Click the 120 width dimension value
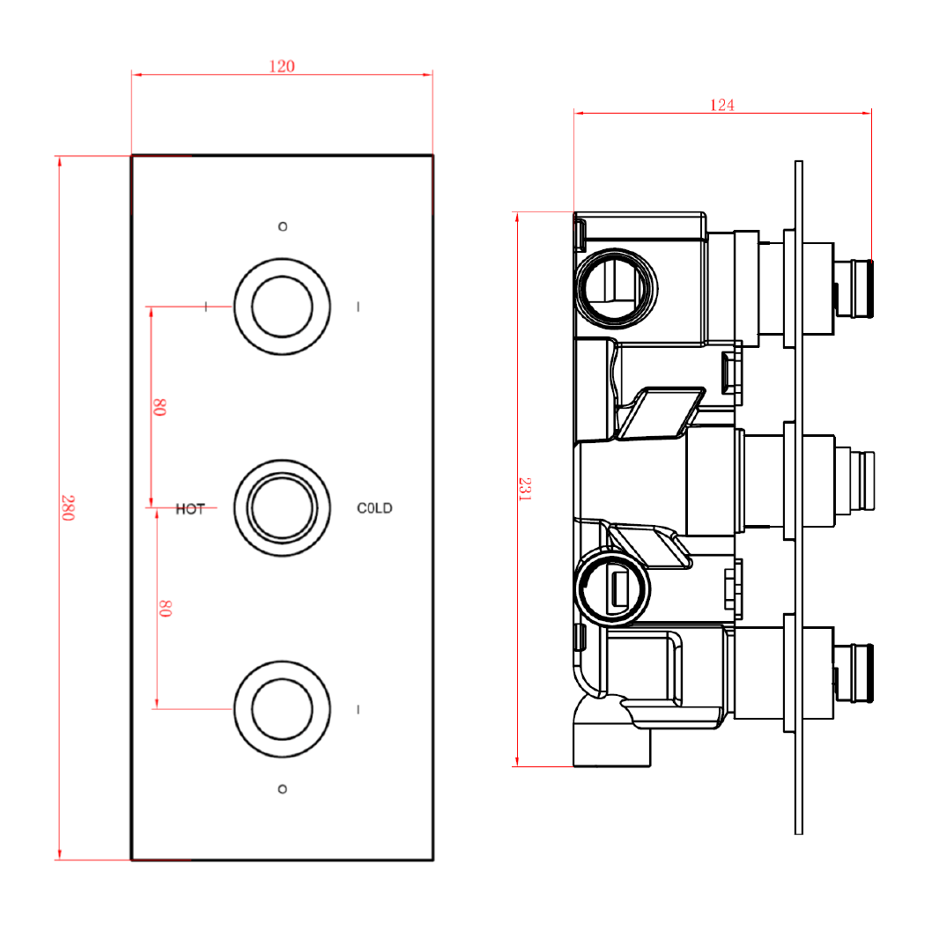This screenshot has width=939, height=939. coord(282,66)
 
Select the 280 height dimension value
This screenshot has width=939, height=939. coord(68,507)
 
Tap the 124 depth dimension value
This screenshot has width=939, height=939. coord(722,105)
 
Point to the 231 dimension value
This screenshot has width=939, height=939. coord(525,489)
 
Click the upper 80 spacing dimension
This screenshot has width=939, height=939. coord(159,407)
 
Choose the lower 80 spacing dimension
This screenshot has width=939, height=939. coord(164,608)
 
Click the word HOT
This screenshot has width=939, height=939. coord(190,509)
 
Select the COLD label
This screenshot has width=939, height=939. coord(374,508)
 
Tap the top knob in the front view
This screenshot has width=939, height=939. coord(282,307)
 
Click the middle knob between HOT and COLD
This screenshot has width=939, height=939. coord(282,508)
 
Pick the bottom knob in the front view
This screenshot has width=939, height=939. coord(282,708)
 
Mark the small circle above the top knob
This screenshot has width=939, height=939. coord(282,227)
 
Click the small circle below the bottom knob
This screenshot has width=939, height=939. coord(282,788)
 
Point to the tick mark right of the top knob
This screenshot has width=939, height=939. coord(359,307)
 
